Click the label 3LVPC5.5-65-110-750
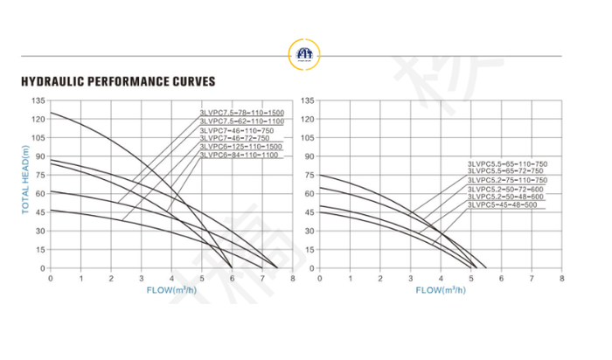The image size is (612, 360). click(507, 163)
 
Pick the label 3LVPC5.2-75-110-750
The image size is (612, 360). click(507, 180)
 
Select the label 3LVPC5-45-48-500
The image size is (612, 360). click(502, 205)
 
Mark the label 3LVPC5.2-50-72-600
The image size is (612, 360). click(504, 189)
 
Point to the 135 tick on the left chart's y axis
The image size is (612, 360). click(38, 101)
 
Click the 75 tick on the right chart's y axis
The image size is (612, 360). click(308, 176)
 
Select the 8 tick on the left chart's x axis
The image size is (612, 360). click(293, 279)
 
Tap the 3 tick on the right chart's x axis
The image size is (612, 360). click(410, 279)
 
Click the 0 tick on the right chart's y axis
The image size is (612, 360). click(310, 268)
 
